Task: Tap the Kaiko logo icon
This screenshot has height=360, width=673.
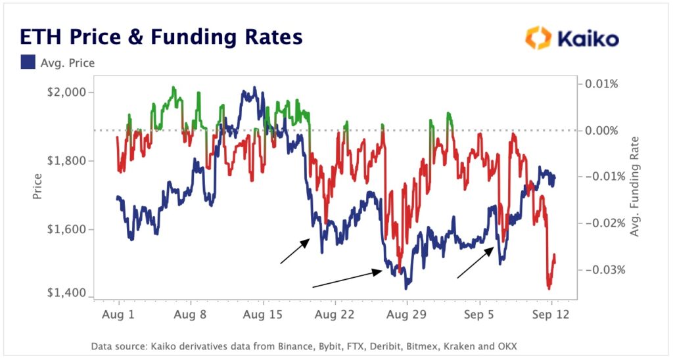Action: pos(538,38)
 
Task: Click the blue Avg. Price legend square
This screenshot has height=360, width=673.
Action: pos(29,63)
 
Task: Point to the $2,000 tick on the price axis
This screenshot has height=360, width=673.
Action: pos(68,92)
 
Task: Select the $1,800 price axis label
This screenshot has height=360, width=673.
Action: pos(68,161)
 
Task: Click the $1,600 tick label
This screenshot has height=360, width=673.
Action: pos(68,230)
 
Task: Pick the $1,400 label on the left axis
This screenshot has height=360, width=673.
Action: pos(68,294)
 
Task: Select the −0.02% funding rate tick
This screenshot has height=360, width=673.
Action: pos(599,223)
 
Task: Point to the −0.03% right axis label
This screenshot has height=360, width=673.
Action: pos(599,270)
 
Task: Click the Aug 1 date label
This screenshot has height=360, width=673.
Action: pos(119,315)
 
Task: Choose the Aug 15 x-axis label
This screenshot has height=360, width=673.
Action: pos(263,315)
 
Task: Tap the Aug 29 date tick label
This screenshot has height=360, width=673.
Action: pos(407,315)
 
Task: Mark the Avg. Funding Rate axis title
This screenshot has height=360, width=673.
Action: pos(635,187)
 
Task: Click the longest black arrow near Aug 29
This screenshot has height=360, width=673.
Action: pos(347,279)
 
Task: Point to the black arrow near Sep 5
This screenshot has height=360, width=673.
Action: pos(476,263)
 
